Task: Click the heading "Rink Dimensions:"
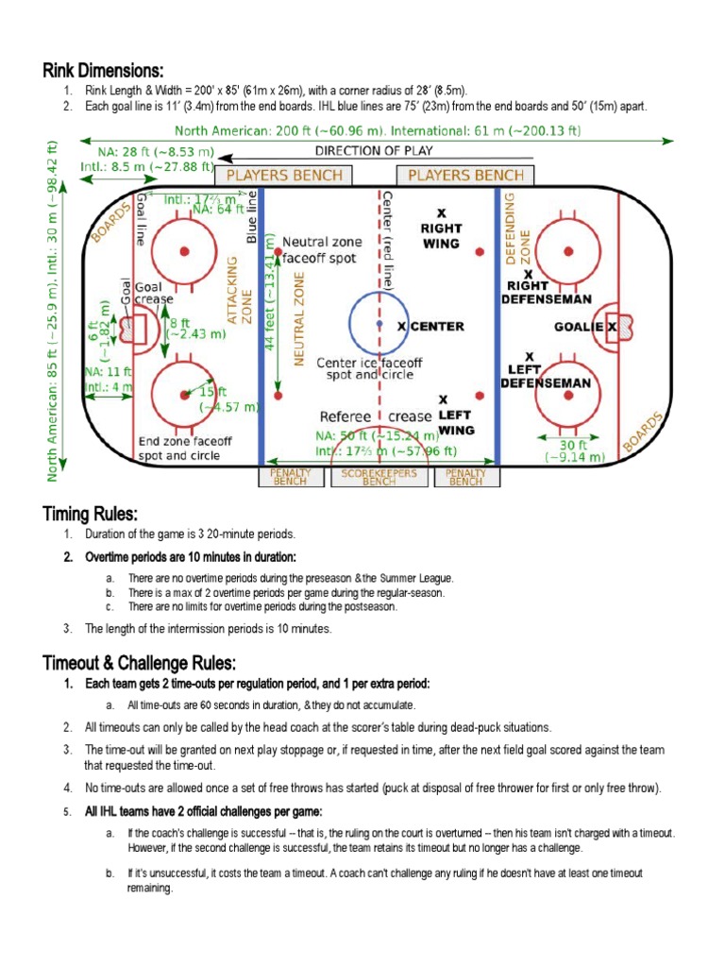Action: [103, 71]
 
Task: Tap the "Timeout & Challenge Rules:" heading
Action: [139, 661]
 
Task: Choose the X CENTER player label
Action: [430, 327]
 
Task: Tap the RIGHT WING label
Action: [441, 235]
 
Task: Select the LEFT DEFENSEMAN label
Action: [545, 376]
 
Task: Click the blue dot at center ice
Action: [379, 324]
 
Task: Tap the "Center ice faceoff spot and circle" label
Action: [369, 368]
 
